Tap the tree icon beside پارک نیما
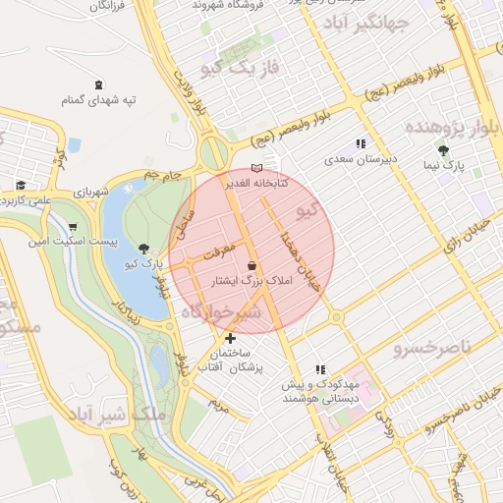(x=444, y=150)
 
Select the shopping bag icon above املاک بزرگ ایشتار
(x=252, y=266)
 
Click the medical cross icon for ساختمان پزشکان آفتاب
(x=230, y=338)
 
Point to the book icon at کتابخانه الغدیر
(x=257, y=168)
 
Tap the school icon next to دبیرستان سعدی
(x=361, y=143)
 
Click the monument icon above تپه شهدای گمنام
(x=97, y=85)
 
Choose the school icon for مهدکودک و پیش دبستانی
(x=319, y=369)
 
